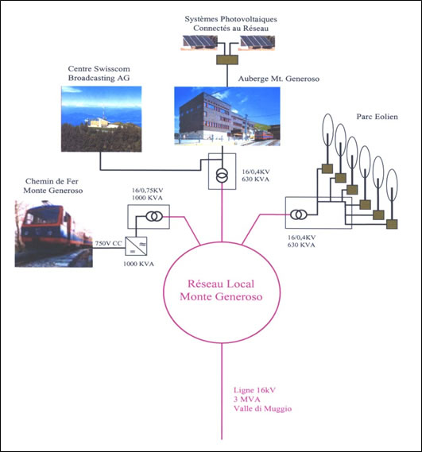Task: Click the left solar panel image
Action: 199,43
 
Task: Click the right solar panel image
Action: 257,43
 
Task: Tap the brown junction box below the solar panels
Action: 227,60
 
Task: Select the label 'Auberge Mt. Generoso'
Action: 279,79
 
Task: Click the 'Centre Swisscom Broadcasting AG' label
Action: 99,73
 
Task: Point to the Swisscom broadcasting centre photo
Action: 101,119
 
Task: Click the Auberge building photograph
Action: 227,116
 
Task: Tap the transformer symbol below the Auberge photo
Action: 222,176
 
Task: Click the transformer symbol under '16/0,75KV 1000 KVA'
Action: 154,216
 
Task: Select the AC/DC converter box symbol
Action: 136,246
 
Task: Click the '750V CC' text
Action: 109,243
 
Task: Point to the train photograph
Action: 54,234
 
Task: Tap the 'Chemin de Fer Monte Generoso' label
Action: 53,186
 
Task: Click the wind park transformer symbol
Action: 299,214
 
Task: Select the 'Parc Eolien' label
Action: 377,117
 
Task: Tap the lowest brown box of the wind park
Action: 392,224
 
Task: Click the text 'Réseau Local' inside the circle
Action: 221,284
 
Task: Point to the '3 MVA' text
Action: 247,400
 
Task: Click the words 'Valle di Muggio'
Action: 262,409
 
